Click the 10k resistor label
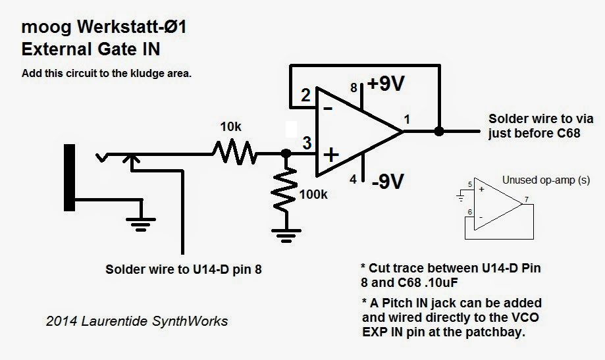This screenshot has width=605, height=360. coord(230,126)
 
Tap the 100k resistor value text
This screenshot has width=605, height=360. coord(313,194)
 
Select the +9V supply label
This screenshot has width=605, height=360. coord(386,84)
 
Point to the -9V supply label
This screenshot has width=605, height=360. coord(388,181)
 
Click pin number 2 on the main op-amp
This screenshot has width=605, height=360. coord(305,95)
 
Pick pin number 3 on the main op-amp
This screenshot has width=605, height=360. coord(307,143)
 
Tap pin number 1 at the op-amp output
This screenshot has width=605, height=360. coord(407,120)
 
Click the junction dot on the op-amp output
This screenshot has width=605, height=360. coord(438,131)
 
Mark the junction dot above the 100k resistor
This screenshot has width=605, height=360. coord(286,153)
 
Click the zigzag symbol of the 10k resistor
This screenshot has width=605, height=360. coord(234,153)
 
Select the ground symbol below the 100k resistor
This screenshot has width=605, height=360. coord(286,236)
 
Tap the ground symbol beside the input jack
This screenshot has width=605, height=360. coord(141,224)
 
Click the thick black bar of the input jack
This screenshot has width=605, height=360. coord(69,178)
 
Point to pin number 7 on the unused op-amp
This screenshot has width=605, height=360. coord(526,199)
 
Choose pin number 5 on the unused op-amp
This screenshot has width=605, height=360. coord(470,184)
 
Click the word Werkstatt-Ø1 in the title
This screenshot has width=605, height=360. coord(132,27)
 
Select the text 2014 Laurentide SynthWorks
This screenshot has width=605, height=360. coord(137,321)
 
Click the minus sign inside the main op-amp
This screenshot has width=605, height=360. coord(328,109)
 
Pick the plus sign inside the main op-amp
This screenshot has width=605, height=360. coord(330,155)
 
